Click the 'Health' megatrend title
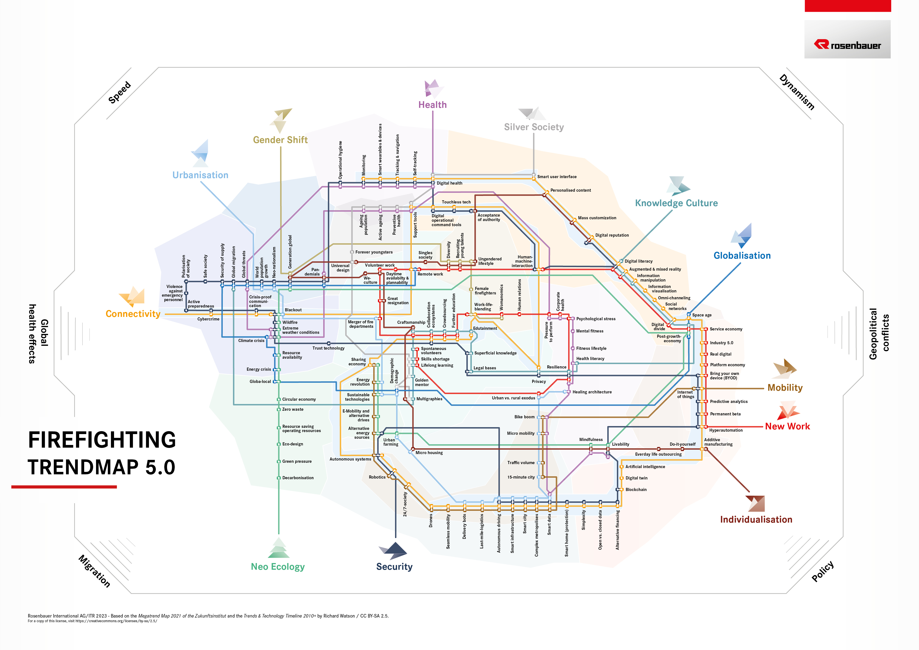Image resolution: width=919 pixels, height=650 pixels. click(432, 105)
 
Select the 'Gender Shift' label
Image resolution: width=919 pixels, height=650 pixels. click(280, 140)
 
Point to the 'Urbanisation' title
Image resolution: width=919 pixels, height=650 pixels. click(200, 175)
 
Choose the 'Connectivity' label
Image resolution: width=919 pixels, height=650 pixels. click(133, 314)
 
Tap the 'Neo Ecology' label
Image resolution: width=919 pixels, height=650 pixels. click(278, 567)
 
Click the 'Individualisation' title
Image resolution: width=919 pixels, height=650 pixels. click(756, 519)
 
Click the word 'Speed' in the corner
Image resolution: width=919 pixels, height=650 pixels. click(120, 93)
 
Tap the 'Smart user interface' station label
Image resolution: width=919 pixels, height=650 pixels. click(557, 177)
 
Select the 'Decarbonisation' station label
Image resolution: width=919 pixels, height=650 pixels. click(298, 478)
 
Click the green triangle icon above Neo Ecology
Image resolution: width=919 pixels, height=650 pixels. click(279, 548)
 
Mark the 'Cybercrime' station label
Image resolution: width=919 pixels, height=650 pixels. click(208, 319)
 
